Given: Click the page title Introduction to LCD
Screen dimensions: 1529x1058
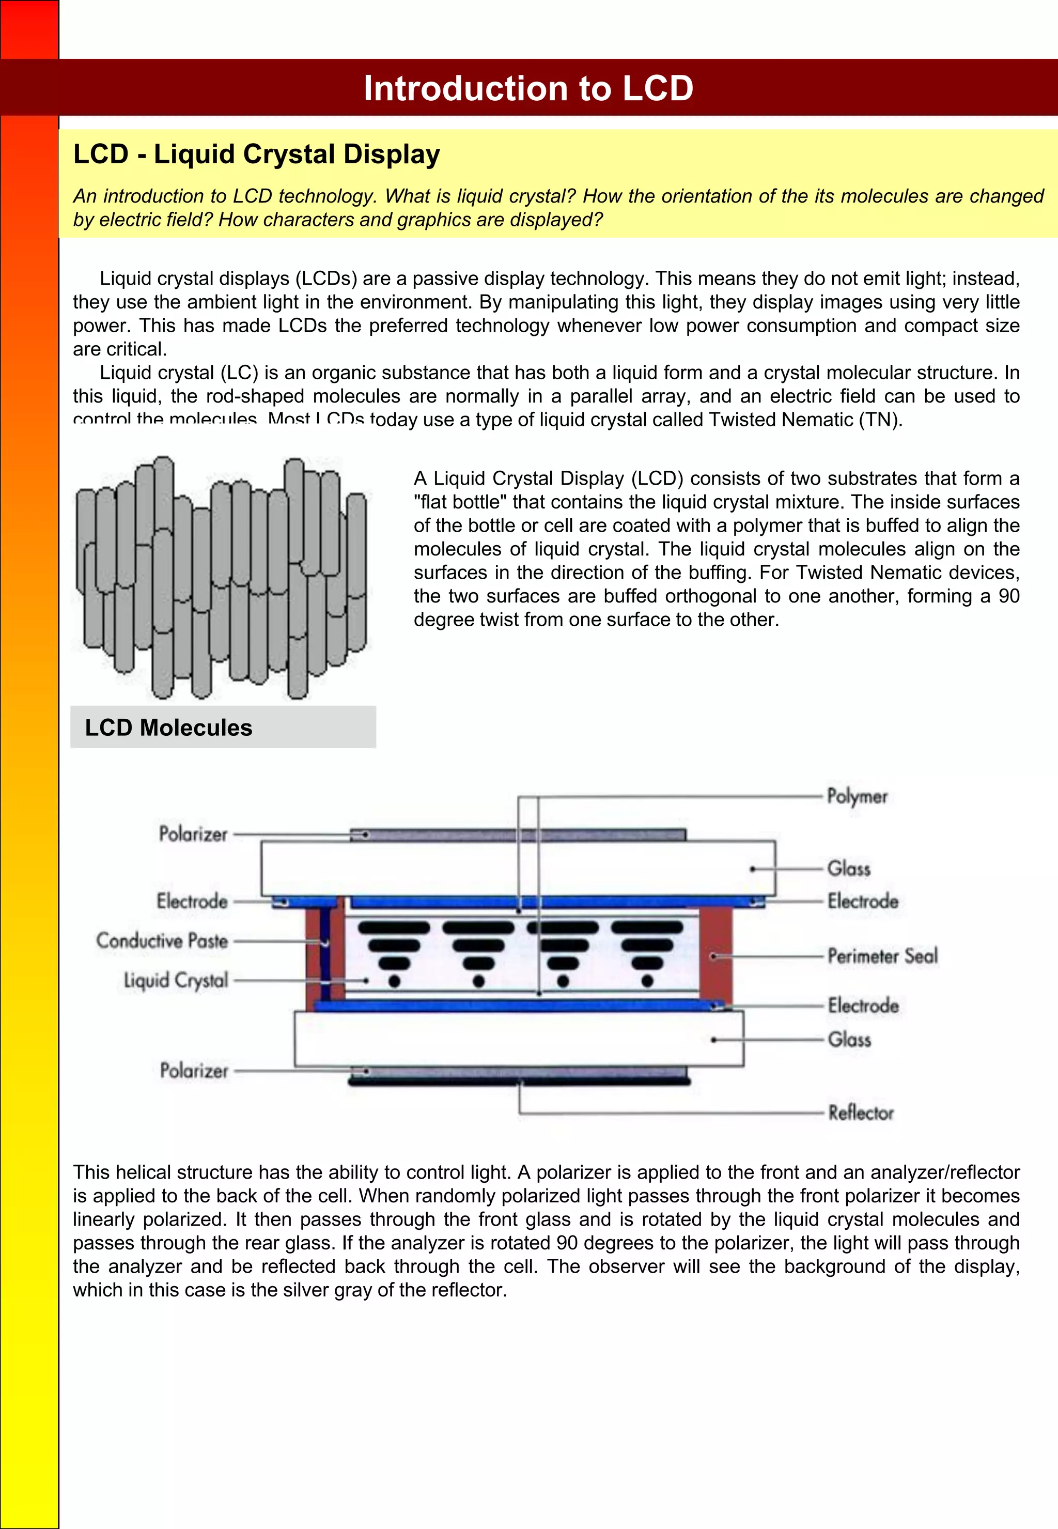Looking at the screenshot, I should (x=528, y=88).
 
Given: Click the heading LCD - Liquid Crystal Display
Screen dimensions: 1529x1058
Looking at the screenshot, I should (x=257, y=154).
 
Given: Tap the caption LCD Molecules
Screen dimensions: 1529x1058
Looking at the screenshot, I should (x=168, y=728).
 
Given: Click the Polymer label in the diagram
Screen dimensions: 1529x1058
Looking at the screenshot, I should (x=857, y=796).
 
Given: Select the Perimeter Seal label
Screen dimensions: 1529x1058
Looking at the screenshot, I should (x=882, y=955).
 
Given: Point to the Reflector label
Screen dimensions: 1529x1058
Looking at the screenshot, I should (x=861, y=1112).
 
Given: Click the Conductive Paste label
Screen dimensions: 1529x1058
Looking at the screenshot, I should (x=162, y=940).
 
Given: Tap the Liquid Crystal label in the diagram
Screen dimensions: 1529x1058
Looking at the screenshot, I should (x=176, y=980).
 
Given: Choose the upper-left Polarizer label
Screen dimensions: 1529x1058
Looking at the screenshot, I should (x=193, y=833).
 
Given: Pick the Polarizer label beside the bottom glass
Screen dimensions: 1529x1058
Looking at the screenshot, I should (x=194, y=1070).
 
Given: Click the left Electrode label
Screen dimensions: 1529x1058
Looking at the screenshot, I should (x=192, y=901).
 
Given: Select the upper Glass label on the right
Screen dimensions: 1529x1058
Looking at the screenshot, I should (x=849, y=868).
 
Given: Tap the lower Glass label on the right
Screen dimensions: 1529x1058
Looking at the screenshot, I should (x=849, y=1039).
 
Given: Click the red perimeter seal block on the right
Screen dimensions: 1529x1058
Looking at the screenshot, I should (x=716, y=955).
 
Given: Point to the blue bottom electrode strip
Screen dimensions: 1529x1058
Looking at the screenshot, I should (x=517, y=1006).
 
